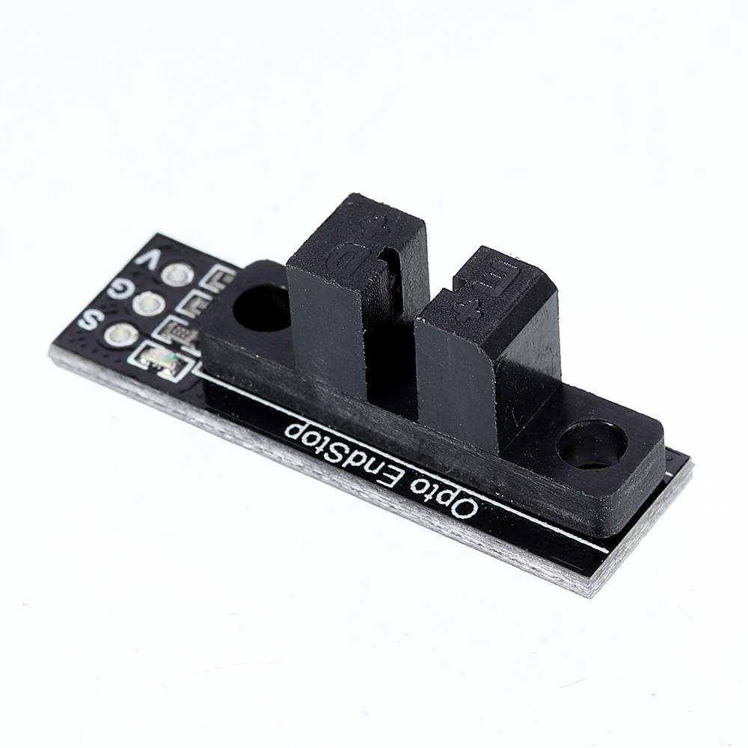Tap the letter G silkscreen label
coord(118,288)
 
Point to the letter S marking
coord(89,320)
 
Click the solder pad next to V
coord(178,275)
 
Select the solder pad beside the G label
coord(149,304)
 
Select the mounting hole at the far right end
coord(591,445)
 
